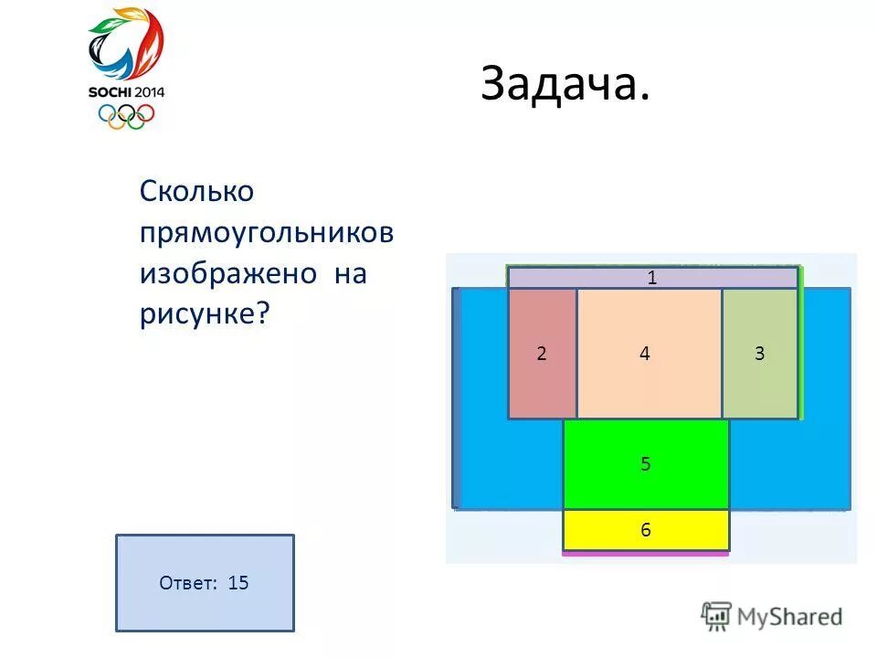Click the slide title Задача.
point(565,86)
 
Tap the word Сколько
point(196,193)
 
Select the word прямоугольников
point(267,233)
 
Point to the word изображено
point(228,273)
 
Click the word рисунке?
point(206,313)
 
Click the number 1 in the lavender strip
point(652,279)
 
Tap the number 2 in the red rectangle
point(542,355)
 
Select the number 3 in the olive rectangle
point(759,355)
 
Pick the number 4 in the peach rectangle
point(645,355)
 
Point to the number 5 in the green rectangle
point(645,464)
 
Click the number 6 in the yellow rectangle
point(645,529)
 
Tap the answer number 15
point(238,583)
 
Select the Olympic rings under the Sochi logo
point(126,115)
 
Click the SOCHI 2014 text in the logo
point(126,91)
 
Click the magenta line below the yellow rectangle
point(645,553)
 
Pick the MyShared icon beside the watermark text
point(716,615)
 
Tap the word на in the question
point(349,273)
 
